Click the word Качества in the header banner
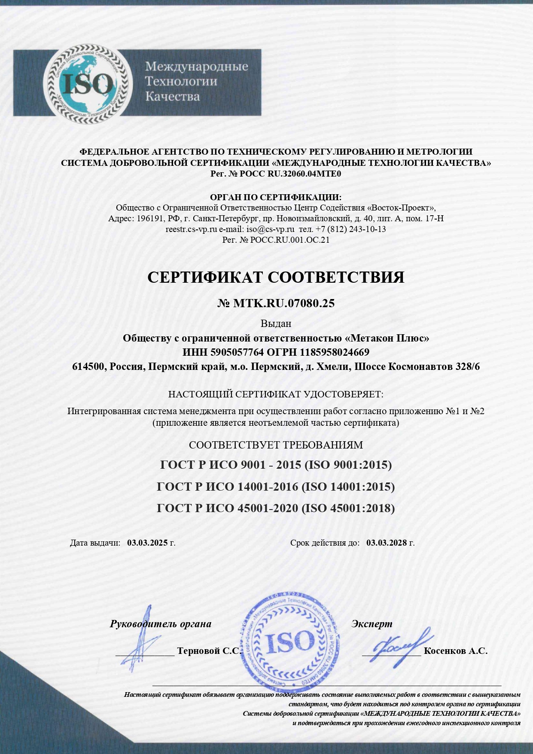(x=172, y=96)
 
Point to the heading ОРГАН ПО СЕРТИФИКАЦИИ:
(x=275, y=197)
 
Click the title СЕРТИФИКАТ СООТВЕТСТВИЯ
(x=276, y=278)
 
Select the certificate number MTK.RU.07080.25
(x=283, y=303)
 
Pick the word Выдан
(x=276, y=324)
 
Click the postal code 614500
(x=88, y=367)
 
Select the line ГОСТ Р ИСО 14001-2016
(x=227, y=486)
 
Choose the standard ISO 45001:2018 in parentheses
(x=348, y=508)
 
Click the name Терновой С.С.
(x=209, y=651)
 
